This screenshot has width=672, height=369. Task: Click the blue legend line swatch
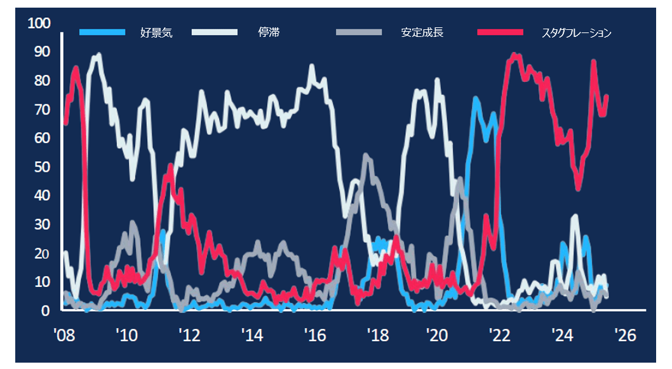[103, 32]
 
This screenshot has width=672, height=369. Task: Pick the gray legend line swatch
[359, 32]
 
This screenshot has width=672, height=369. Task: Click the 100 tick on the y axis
[39, 24]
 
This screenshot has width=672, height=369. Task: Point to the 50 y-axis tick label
[42, 167]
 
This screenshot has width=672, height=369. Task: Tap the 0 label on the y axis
[46, 311]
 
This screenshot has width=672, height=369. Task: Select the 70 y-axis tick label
[42, 109]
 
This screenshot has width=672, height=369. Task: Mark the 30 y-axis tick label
[42, 225]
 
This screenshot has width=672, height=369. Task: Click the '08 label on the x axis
[64, 335]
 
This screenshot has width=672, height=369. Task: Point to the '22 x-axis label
[500, 335]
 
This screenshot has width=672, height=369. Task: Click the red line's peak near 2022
[514, 55]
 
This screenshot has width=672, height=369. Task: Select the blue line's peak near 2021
[475, 99]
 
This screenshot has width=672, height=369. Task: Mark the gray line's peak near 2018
[366, 155]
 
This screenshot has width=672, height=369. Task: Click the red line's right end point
[607, 96]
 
